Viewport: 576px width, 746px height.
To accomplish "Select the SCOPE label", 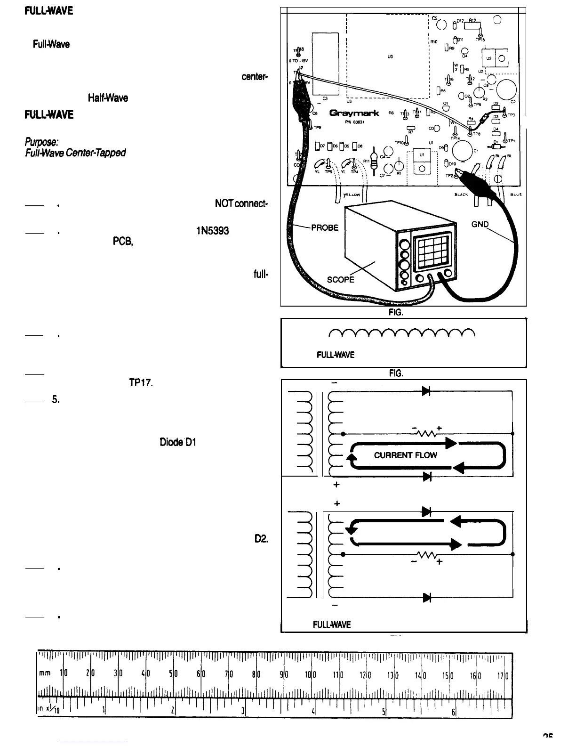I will click(341, 279).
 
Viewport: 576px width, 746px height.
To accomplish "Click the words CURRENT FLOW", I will click(405, 455).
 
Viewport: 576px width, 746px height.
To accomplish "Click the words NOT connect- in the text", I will click(241, 204).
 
